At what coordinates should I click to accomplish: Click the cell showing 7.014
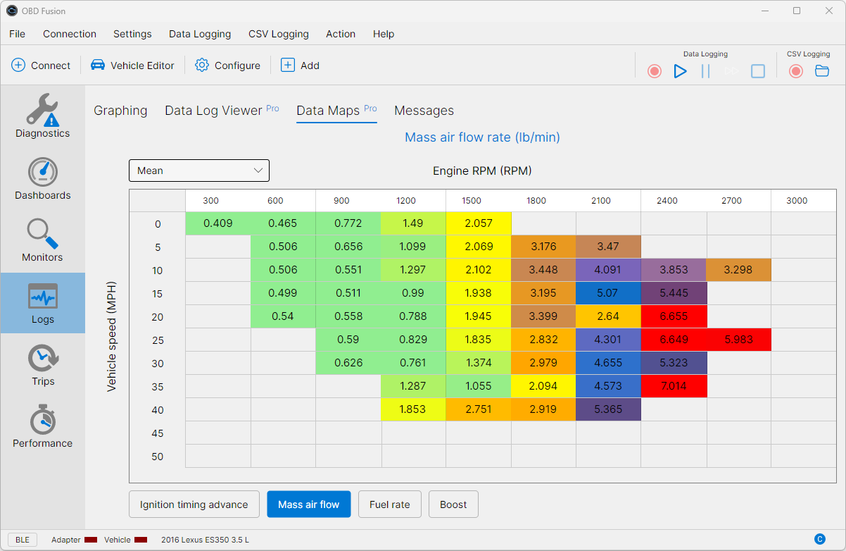point(674,386)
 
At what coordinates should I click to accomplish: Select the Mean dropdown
point(199,171)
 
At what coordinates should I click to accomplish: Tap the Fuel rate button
point(389,504)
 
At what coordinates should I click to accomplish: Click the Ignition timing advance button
point(194,504)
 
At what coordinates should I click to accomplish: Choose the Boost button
point(453,504)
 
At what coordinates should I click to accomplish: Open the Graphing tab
point(120,111)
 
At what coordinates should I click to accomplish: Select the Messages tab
point(424,111)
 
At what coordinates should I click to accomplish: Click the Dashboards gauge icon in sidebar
point(43,172)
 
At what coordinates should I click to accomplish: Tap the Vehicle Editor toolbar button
point(133,66)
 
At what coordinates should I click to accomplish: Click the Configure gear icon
point(202,66)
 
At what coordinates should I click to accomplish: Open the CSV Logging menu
point(278,34)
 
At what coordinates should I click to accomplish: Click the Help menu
point(384,34)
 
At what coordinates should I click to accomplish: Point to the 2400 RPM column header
point(667,201)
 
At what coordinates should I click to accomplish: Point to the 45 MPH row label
point(158,433)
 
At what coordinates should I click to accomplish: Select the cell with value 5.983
point(738,340)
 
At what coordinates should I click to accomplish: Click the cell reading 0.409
point(217,223)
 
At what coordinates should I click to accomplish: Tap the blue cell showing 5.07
point(608,293)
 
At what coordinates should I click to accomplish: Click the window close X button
point(829,11)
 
